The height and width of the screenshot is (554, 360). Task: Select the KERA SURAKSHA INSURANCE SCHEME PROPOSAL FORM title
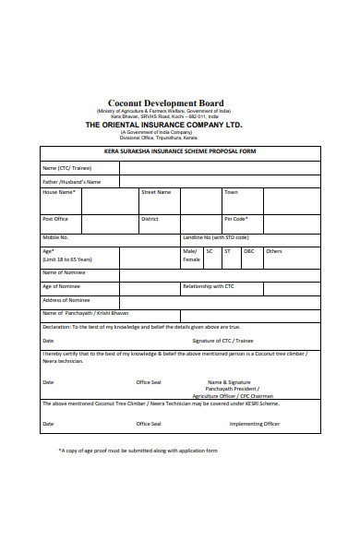click(180, 151)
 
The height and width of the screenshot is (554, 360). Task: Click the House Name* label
click(59, 192)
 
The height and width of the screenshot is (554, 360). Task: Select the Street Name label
click(155, 192)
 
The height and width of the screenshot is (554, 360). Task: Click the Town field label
click(231, 192)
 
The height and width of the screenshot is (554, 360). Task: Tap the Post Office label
click(55, 219)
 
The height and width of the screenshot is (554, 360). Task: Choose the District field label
click(150, 219)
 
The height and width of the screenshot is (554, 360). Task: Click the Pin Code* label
click(235, 219)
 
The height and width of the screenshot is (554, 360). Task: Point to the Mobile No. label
click(56, 237)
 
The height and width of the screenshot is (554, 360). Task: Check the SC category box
click(210, 251)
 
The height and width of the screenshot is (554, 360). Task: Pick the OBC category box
click(248, 251)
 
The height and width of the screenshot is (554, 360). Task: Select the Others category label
click(274, 251)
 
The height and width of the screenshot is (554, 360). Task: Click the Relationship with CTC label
click(209, 286)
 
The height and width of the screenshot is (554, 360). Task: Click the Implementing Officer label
click(255, 424)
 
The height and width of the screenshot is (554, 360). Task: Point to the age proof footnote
click(138, 451)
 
